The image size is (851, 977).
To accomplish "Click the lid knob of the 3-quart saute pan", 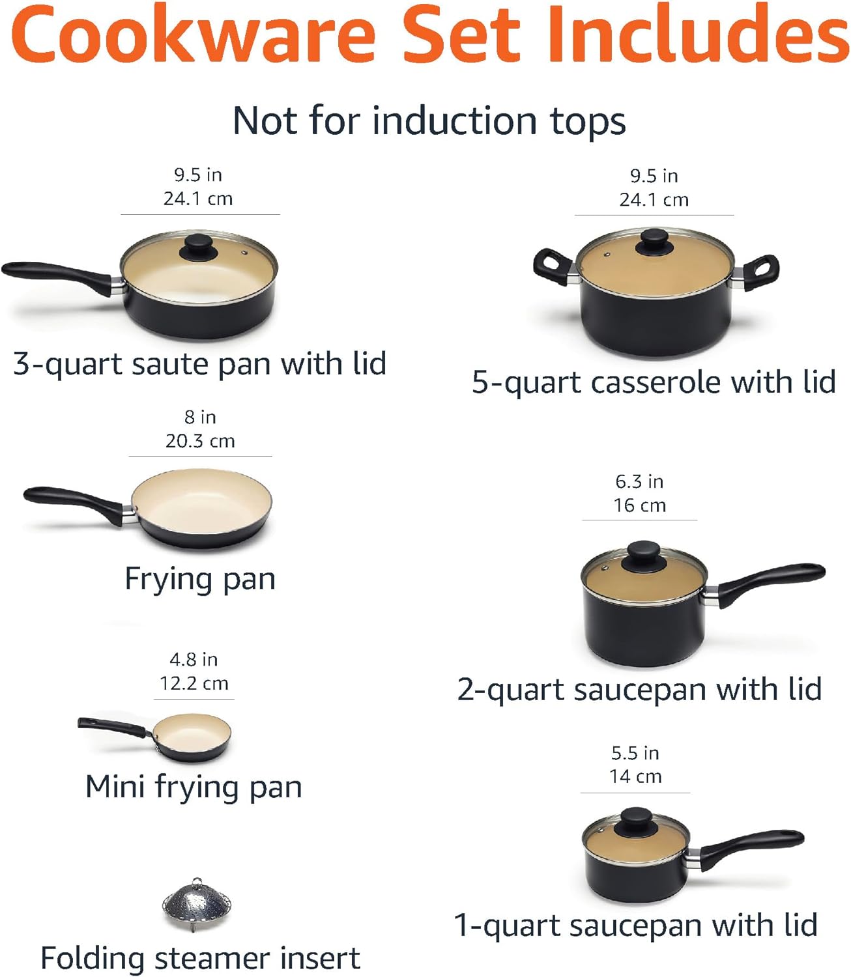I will (199, 246).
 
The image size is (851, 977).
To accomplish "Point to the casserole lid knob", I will (654, 242).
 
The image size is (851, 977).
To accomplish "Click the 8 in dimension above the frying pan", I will (199, 417).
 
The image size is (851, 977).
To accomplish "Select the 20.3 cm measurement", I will (199, 441).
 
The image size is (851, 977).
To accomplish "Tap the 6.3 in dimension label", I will (639, 481).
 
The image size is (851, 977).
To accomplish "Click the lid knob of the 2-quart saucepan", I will (642, 555).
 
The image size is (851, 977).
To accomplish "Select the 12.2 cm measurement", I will (194, 683).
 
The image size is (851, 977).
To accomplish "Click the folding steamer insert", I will (197, 903).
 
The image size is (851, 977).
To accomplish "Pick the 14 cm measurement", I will (635, 776).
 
